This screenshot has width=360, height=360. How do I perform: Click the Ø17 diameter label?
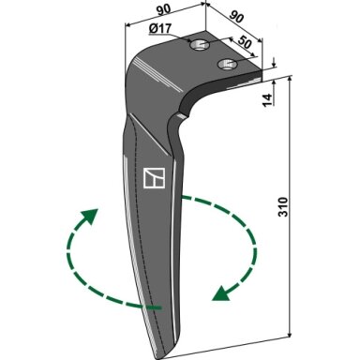tap(160, 29)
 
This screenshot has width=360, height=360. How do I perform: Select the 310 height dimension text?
tap(283, 206)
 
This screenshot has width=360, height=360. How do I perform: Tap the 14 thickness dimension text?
tap(267, 100)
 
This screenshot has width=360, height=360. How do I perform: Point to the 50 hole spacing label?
tap(245, 42)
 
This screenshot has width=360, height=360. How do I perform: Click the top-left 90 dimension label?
tap(163, 9)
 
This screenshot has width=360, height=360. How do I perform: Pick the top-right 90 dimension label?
tap(236, 16)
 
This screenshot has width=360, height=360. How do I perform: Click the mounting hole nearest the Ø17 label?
tap(200, 46)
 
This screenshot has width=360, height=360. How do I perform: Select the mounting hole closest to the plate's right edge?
tap(228, 64)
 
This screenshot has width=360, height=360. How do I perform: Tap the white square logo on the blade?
tap(154, 178)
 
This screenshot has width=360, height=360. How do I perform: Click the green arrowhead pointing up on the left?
tap(90, 216)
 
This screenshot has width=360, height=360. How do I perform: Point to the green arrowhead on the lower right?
tap(221, 293)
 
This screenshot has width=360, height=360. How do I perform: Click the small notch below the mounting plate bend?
tap(181, 116)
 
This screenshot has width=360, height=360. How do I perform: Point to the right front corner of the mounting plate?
tap(262, 70)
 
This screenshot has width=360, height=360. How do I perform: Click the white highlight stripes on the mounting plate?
tap(157, 74)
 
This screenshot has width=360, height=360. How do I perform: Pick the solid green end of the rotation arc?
tap(153, 307)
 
